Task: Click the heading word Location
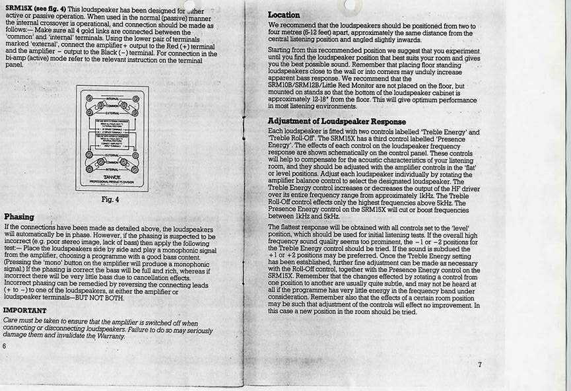click(284, 15)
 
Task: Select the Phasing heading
click(19, 216)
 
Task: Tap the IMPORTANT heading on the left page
click(25, 310)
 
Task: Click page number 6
click(5, 346)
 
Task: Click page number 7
click(480, 364)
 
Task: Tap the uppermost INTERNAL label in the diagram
click(112, 96)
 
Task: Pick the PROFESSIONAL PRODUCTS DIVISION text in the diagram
click(112, 181)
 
